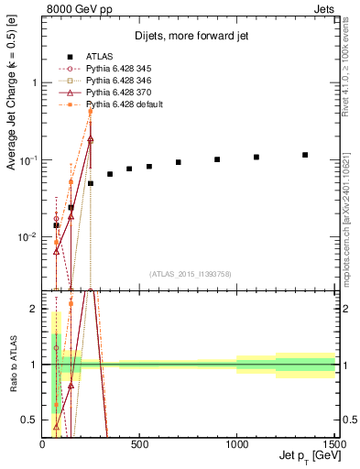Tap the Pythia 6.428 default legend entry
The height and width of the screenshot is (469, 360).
tap(123, 104)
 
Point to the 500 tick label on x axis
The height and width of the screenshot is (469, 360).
tap(139, 444)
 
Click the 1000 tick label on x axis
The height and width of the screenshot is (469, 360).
tap(236, 444)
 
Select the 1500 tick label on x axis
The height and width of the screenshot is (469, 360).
tap(333, 444)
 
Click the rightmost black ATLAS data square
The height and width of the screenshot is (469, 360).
tap(305, 155)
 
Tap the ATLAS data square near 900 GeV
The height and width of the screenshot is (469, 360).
tap(217, 159)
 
